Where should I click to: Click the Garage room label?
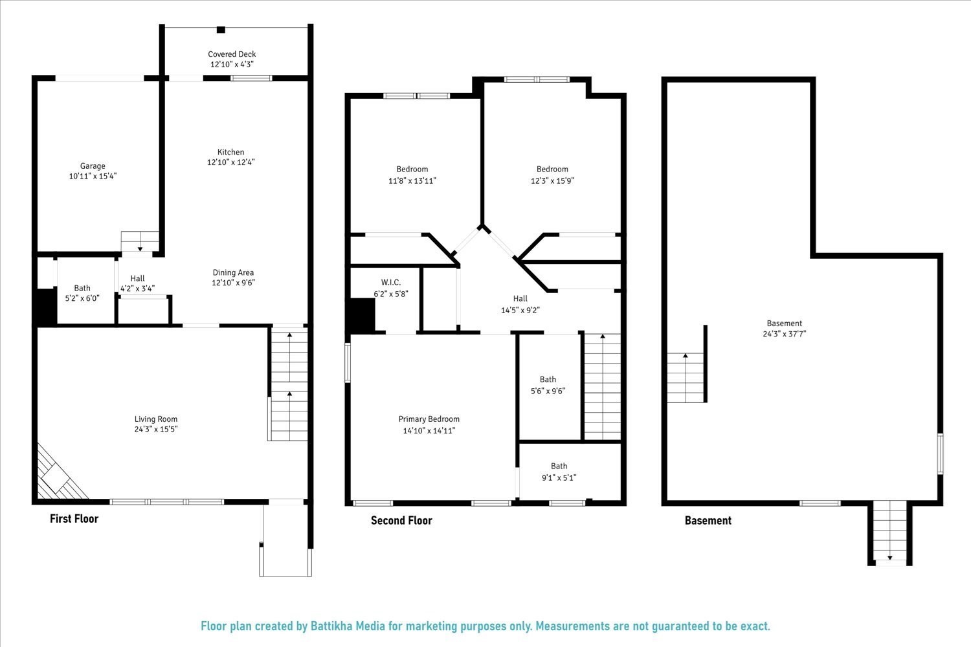(x=93, y=166)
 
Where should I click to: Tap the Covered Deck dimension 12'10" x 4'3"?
(x=231, y=65)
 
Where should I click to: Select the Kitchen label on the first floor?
(x=231, y=152)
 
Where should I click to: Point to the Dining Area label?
(x=233, y=272)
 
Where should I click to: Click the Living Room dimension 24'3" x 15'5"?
(x=156, y=429)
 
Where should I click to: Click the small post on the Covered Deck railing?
(x=221, y=29)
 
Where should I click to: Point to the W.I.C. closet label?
(x=391, y=283)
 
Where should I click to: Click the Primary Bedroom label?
(x=429, y=419)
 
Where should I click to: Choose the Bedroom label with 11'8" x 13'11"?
(x=412, y=170)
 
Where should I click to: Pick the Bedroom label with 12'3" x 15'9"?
(x=552, y=170)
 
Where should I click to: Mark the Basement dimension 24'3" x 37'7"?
(x=784, y=334)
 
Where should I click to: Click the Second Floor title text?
(x=401, y=520)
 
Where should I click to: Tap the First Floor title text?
(x=74, y=518)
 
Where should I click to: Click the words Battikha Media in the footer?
(x=348, y=626)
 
